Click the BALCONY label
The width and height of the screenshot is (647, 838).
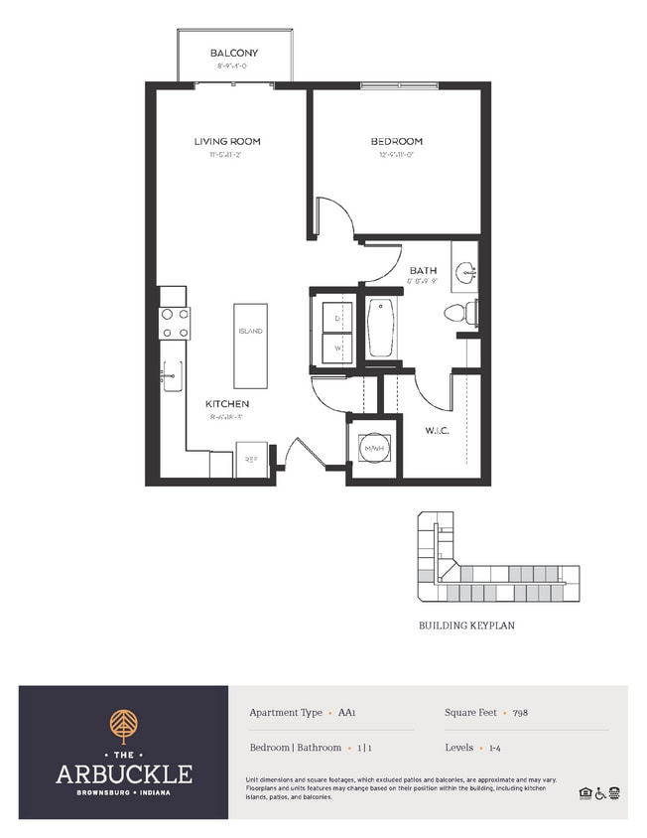click(233, 53)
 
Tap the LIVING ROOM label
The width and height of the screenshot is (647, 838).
click(227, 142)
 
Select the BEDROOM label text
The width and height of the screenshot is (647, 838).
click(397, 142)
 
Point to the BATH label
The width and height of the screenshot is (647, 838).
click(423, 269)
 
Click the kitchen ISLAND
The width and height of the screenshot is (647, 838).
click(250, 346)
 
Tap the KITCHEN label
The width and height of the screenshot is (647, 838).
click(227, 404)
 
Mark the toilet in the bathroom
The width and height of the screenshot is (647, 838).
click(458, 314)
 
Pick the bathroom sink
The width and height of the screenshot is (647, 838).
click(464, 270)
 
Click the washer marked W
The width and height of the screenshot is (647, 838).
click(337, 349)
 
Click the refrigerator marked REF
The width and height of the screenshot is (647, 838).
click(249, 461)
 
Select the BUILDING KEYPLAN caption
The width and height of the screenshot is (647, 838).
click(465, 627)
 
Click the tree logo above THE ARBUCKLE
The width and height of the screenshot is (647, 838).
click(124, 725)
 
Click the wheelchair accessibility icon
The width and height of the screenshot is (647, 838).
click(599, 792)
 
